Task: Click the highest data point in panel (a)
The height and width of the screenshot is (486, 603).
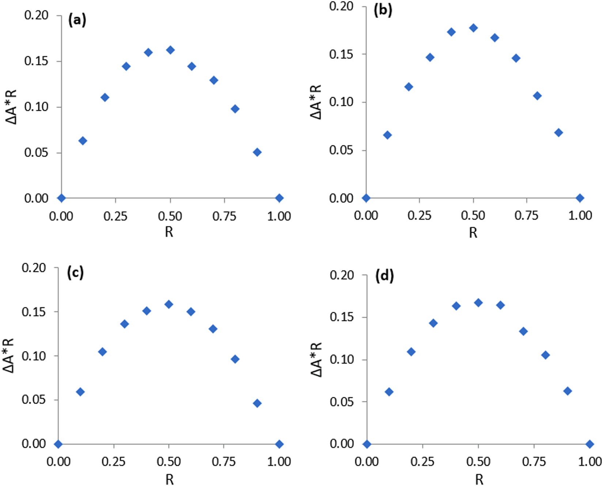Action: [170, 50]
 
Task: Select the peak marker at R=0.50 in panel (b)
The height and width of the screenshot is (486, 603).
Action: [473, 28]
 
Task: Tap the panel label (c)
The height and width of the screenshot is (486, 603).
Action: [75, 273]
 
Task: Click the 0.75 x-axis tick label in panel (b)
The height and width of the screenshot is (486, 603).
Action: [526, 215]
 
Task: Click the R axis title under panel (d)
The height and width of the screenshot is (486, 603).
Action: [479, 479]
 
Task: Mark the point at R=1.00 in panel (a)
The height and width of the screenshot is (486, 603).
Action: [279, 198]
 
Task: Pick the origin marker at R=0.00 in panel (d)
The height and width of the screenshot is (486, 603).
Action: [367, 444]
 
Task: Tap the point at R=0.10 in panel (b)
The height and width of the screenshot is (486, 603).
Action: [387, 135]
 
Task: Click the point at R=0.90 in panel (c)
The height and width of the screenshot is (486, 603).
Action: [257, 403]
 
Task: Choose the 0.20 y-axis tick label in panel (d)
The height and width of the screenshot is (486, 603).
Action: [342, 275]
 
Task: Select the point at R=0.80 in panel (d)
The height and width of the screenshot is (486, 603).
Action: [545, 355]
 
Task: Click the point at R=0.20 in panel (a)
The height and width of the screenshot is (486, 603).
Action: [105, 97]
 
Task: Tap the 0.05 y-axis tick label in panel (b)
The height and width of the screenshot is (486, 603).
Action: [341, 150]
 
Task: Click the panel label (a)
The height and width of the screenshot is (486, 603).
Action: [77, 20]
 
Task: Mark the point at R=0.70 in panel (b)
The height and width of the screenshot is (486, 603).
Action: [516, 58]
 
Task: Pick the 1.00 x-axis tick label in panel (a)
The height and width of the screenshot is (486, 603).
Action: [279, 216]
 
